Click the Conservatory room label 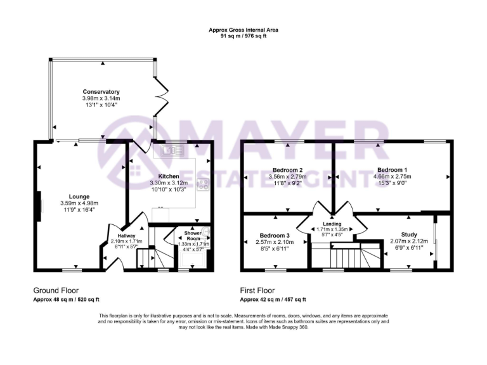[101, 92]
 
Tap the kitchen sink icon [171, 151]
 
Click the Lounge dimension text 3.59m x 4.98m [79, 203]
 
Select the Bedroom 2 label [287, 170]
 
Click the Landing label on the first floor [332, 224]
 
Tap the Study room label [409, 234]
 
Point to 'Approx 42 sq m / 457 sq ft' [273, 299]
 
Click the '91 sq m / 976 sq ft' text [243, 36]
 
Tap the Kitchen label [169, 176]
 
